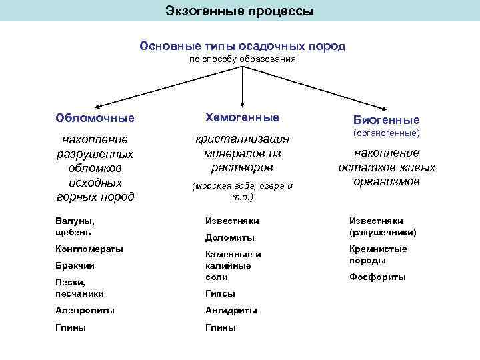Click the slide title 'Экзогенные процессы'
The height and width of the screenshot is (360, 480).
click(x=240, y=11)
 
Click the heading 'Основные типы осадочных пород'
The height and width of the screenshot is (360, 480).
click(x=242, y=46)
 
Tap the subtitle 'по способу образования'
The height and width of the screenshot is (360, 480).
click(x=242, y=59)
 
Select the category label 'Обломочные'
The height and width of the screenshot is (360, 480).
click(x=95, y=118)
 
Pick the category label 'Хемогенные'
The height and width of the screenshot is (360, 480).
click(x=242, y=117)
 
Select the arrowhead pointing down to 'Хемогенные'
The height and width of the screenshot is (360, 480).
click(x=241, y=101)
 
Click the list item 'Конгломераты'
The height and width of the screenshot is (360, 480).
click(x=89, y=249)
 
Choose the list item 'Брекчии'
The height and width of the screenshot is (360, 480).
click(x=75, y=265)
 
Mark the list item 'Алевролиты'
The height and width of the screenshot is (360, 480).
click(x=85, y=310)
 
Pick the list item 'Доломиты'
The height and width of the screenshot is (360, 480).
click(x=229, y=237)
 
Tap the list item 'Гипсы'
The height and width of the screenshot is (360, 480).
click(x=220, y=293)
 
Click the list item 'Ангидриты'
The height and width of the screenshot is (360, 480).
click(x=231, y=310)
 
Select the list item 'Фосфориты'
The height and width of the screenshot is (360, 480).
click(x=377, y=277)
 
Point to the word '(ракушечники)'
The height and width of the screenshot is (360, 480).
click(x=382, y=233)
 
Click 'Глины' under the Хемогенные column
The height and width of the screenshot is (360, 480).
click(x=220, y=327)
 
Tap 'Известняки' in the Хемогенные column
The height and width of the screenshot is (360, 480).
click(x=231, y=221)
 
